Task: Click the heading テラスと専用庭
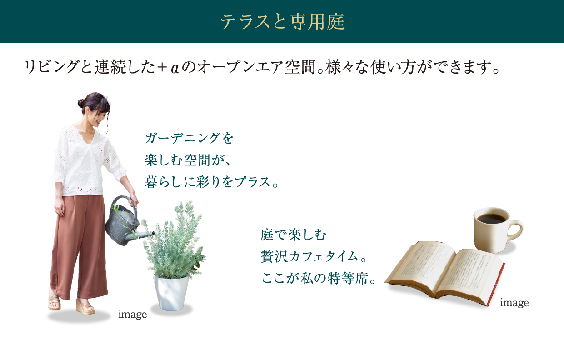point(282,21)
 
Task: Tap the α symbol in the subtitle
point(175,69)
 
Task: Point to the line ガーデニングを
point(189,138)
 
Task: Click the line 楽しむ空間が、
point(188,160)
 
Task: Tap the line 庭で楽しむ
point(293,235)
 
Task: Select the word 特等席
point(349,278)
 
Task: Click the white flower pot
point(171,292)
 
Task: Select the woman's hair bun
point(81,103)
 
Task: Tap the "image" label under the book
point(514,303)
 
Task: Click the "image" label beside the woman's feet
point(132,315)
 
